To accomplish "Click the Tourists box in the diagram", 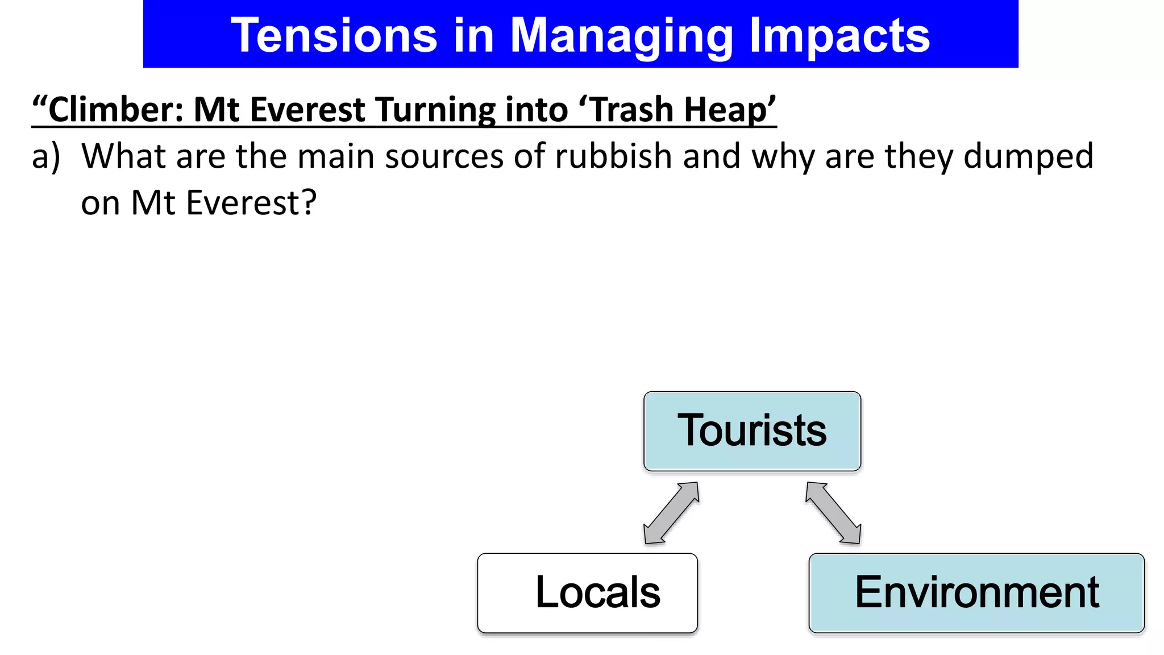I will [752, 431].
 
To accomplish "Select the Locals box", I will [588, 592].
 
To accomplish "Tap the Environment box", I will [976, 592].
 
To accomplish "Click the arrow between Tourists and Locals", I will [671, 513].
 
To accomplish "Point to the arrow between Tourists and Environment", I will [833, 513].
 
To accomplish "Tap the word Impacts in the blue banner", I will [839, 36].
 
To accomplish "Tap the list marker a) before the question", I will [45, 156].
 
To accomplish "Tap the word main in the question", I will [336, 156].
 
